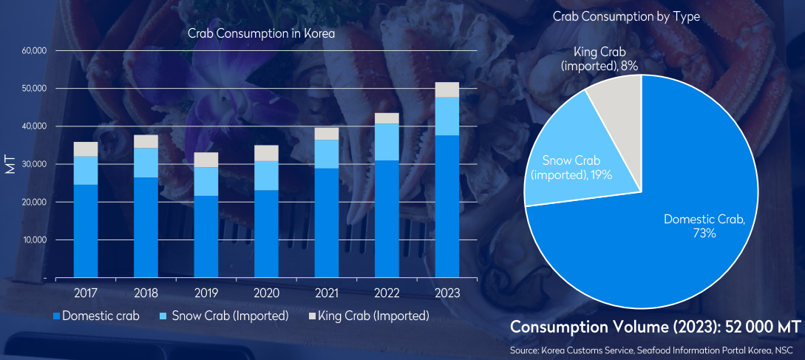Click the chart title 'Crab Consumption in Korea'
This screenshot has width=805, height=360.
click(262, 34)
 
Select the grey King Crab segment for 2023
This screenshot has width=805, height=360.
click(446, 89)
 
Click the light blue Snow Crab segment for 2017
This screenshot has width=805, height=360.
click(86, 171)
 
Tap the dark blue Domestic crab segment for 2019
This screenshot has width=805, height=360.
click(206, 237)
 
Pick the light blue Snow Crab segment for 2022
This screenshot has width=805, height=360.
click(387, 142)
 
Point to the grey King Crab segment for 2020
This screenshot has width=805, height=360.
click(266, 153)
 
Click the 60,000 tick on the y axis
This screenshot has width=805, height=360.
click(35, 51)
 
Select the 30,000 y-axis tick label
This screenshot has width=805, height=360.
click(35, 164)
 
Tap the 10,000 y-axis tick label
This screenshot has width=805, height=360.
click(35, 240)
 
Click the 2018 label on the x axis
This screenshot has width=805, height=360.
click(146, 293)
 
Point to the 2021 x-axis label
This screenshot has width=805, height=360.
click(327, 293)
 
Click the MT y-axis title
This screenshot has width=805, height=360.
click(10, 164)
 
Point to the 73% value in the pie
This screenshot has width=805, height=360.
click(704, 233)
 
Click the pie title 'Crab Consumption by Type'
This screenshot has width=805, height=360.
click(626, 16)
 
